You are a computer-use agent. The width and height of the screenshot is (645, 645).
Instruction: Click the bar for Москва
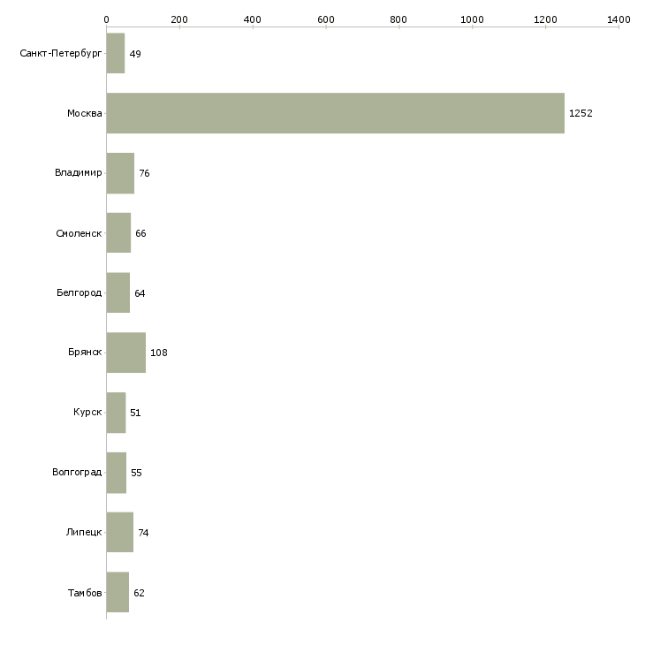(x=335, y=113)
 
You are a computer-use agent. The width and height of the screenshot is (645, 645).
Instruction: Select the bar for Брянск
(x=126, y=353)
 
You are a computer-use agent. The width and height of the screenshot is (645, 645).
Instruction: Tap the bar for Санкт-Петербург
(x=116, y=53)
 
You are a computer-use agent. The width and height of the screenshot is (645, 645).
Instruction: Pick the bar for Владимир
(x=120, y=173)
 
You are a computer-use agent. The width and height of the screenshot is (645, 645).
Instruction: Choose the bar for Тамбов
(x=118, y=592)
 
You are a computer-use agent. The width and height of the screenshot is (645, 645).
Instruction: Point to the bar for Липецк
(x=120, y=532)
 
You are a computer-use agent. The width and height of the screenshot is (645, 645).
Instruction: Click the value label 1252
(x=580, y=113)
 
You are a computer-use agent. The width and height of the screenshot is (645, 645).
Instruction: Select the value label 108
(x=159, y=353)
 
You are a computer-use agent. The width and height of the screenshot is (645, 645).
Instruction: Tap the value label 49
(x=135, y=54)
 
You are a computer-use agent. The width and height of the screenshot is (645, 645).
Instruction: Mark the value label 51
(x=135, y=413)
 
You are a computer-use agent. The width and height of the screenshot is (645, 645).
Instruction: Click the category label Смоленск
(x=80, y=233)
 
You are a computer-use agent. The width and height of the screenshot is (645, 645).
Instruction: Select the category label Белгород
(x=80, y=293)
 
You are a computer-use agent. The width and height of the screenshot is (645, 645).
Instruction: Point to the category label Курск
(x=88, y=413)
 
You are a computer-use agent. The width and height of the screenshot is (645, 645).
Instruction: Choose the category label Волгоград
(x=77, y=473)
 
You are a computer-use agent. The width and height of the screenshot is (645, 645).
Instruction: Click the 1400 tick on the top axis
(x=618, y=19)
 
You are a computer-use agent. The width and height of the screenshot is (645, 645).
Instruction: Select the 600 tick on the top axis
(x=326, y=19)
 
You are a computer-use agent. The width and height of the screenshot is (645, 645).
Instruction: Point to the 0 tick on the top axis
(x=106, y=19)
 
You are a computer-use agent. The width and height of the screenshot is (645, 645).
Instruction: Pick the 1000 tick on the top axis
(x=472, y=19)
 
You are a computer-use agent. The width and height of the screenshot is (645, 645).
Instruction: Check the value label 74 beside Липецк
(x=143, y=533)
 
